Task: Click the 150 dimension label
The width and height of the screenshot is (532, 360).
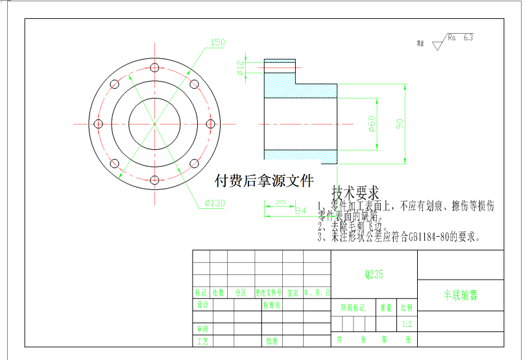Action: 217,43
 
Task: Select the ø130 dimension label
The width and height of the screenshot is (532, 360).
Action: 214,203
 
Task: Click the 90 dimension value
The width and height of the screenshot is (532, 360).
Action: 400,123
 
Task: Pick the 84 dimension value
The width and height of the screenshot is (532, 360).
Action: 300,210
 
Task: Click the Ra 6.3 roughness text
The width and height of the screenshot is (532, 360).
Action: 460,38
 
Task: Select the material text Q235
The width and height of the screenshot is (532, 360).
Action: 374,274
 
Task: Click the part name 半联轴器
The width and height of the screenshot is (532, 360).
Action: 460,295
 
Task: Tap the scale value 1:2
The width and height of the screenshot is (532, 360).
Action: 407,324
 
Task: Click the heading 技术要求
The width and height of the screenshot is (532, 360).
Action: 355,193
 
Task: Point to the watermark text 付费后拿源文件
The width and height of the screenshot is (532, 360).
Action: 263,180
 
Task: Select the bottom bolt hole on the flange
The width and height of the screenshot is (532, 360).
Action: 154,180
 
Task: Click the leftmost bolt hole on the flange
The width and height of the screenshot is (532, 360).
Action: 98,124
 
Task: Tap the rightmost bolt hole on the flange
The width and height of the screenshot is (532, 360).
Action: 211,124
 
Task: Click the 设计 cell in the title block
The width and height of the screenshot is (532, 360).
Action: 202,304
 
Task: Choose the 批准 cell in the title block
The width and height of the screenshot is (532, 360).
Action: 272,340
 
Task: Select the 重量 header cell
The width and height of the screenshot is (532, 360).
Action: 386,308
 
